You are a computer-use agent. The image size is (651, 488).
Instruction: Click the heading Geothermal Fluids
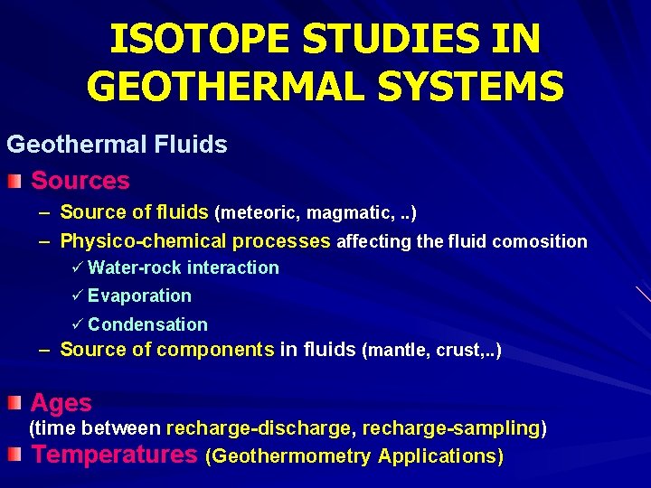[x=117, y=144]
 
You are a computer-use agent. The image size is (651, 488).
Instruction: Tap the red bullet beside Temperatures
[x=14, y=455]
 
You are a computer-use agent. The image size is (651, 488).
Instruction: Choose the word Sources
[x=80, y=181]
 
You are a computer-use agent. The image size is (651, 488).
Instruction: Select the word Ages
[x=61, y=403]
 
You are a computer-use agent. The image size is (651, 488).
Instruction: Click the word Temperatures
[x=115, y=455]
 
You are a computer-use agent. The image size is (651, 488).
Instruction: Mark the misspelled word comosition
[x=540, y=242]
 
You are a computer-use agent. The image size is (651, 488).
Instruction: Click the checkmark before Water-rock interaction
[x=77, y=267]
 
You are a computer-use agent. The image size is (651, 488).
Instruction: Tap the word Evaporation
[x=139, y=296]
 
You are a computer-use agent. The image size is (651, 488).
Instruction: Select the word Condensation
[x=147, y=324]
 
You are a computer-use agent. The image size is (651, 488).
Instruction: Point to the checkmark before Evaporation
[x=77, y=296]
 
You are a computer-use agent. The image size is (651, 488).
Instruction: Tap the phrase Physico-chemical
[x=143, y=241]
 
